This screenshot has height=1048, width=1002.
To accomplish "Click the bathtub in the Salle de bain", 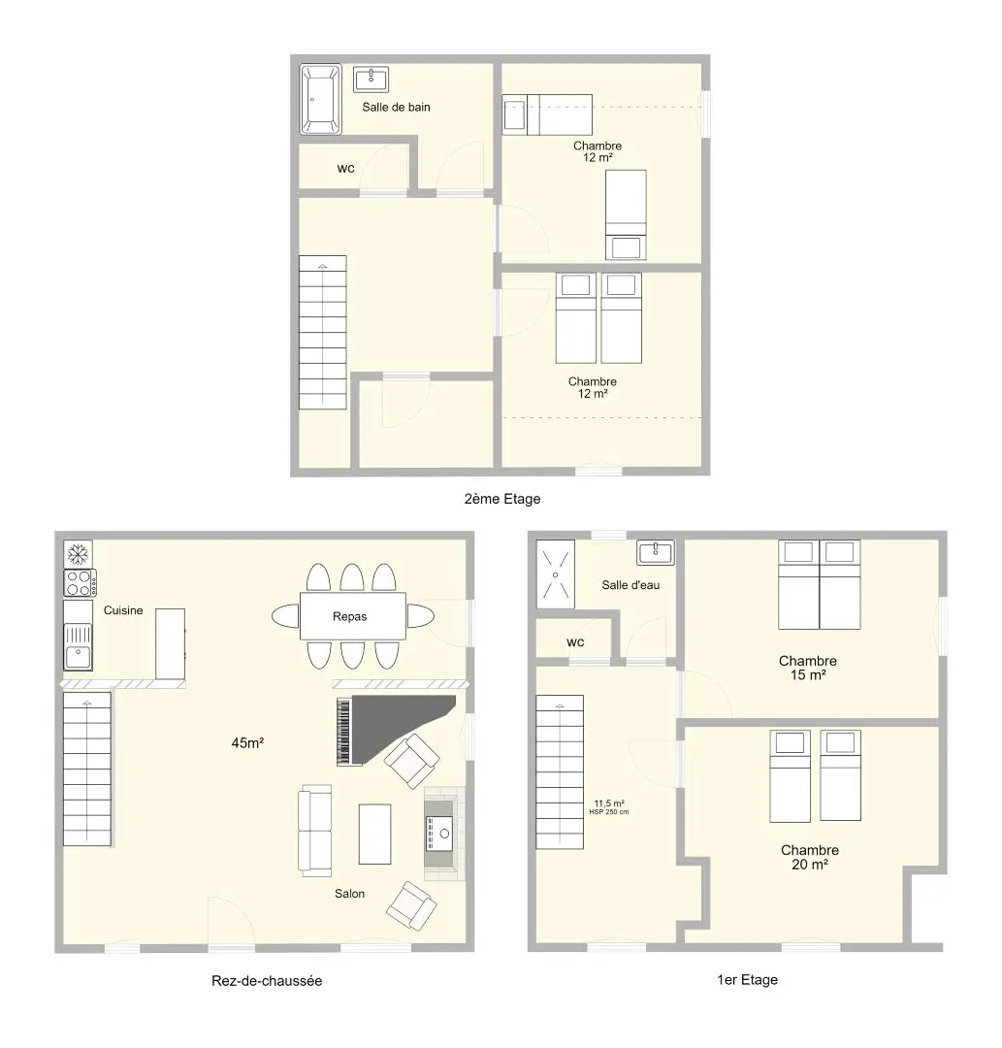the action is tap(321, 99).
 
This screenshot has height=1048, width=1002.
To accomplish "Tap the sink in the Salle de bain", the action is tap(372, 79).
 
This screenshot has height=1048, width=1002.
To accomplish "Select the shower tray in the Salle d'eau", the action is tap(555, 574).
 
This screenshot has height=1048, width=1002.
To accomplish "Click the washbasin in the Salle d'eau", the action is tap(656, 552).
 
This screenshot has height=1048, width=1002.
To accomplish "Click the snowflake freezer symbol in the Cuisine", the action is tap(79, 554).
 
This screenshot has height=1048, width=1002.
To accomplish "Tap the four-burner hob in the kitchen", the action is tap(81, 582).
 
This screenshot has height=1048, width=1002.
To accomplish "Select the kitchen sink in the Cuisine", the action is tap(79, 646).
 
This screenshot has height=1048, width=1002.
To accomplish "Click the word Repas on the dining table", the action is tap(350, 616).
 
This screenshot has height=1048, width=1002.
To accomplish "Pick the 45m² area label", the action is tap(247, 742).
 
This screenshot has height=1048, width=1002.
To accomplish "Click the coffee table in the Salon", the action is tap(374, 835).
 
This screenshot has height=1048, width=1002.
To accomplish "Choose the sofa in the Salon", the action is tap(314, 830).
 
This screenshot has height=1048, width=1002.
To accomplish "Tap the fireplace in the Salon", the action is tap(444, 834).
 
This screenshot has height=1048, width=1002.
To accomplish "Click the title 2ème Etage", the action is tap(502, 499).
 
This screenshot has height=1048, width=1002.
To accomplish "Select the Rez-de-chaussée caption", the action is tap(267, 980).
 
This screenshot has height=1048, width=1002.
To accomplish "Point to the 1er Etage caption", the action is tap(748, 980).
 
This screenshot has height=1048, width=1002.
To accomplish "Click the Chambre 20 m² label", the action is tap(810, 857).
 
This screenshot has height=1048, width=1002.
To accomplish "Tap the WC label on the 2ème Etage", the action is tap(346, 169).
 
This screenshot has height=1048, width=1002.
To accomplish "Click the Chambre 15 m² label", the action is tap(808, 668).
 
